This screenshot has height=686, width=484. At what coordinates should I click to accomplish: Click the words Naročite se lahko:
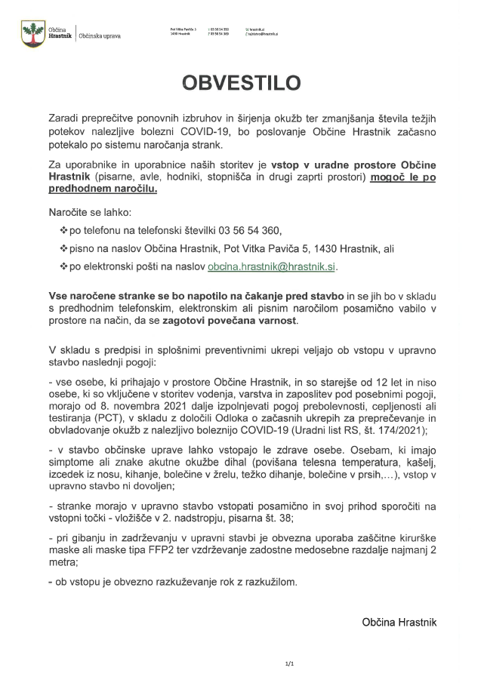[80, 211]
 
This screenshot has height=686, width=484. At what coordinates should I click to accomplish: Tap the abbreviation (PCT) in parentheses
[103, 420]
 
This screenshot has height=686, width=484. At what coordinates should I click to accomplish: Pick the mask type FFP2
[219, 552]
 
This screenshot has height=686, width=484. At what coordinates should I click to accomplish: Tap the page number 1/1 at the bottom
[289, 664]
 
